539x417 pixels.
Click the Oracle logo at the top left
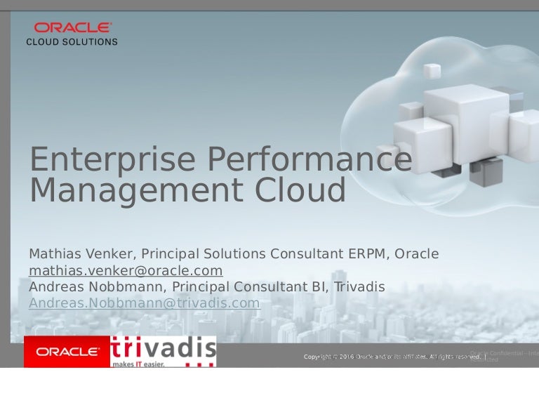pos(72,27)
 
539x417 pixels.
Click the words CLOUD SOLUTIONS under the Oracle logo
pos(72,41)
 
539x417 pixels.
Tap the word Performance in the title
pos(309,159)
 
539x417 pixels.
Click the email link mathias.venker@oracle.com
pos(126,270)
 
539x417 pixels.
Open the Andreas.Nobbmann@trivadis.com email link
pos(144,303)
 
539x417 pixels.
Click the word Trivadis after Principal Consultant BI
pos(359,286)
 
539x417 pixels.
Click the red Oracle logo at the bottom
pos(67,352)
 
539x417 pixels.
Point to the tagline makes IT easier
pos(139,364)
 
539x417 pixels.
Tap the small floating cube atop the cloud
pos(432,71)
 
